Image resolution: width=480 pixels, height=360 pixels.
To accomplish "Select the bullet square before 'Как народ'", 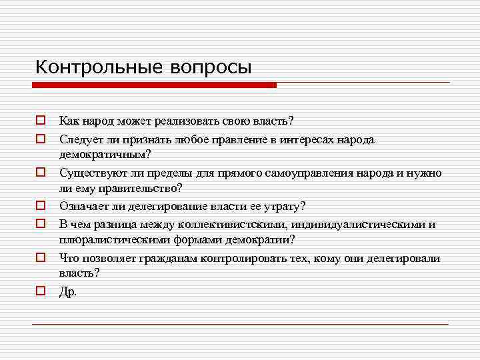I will click(41, 121).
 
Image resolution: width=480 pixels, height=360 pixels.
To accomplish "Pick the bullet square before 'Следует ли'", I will click(41, 139).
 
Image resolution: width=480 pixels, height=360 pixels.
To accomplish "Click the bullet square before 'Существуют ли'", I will click(41, 173).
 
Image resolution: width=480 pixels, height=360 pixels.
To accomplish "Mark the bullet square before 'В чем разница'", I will click(41, 224).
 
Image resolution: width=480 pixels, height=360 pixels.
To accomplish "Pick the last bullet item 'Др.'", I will click(68, 291).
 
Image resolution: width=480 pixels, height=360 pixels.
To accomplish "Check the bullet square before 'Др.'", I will click(41, 291).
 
